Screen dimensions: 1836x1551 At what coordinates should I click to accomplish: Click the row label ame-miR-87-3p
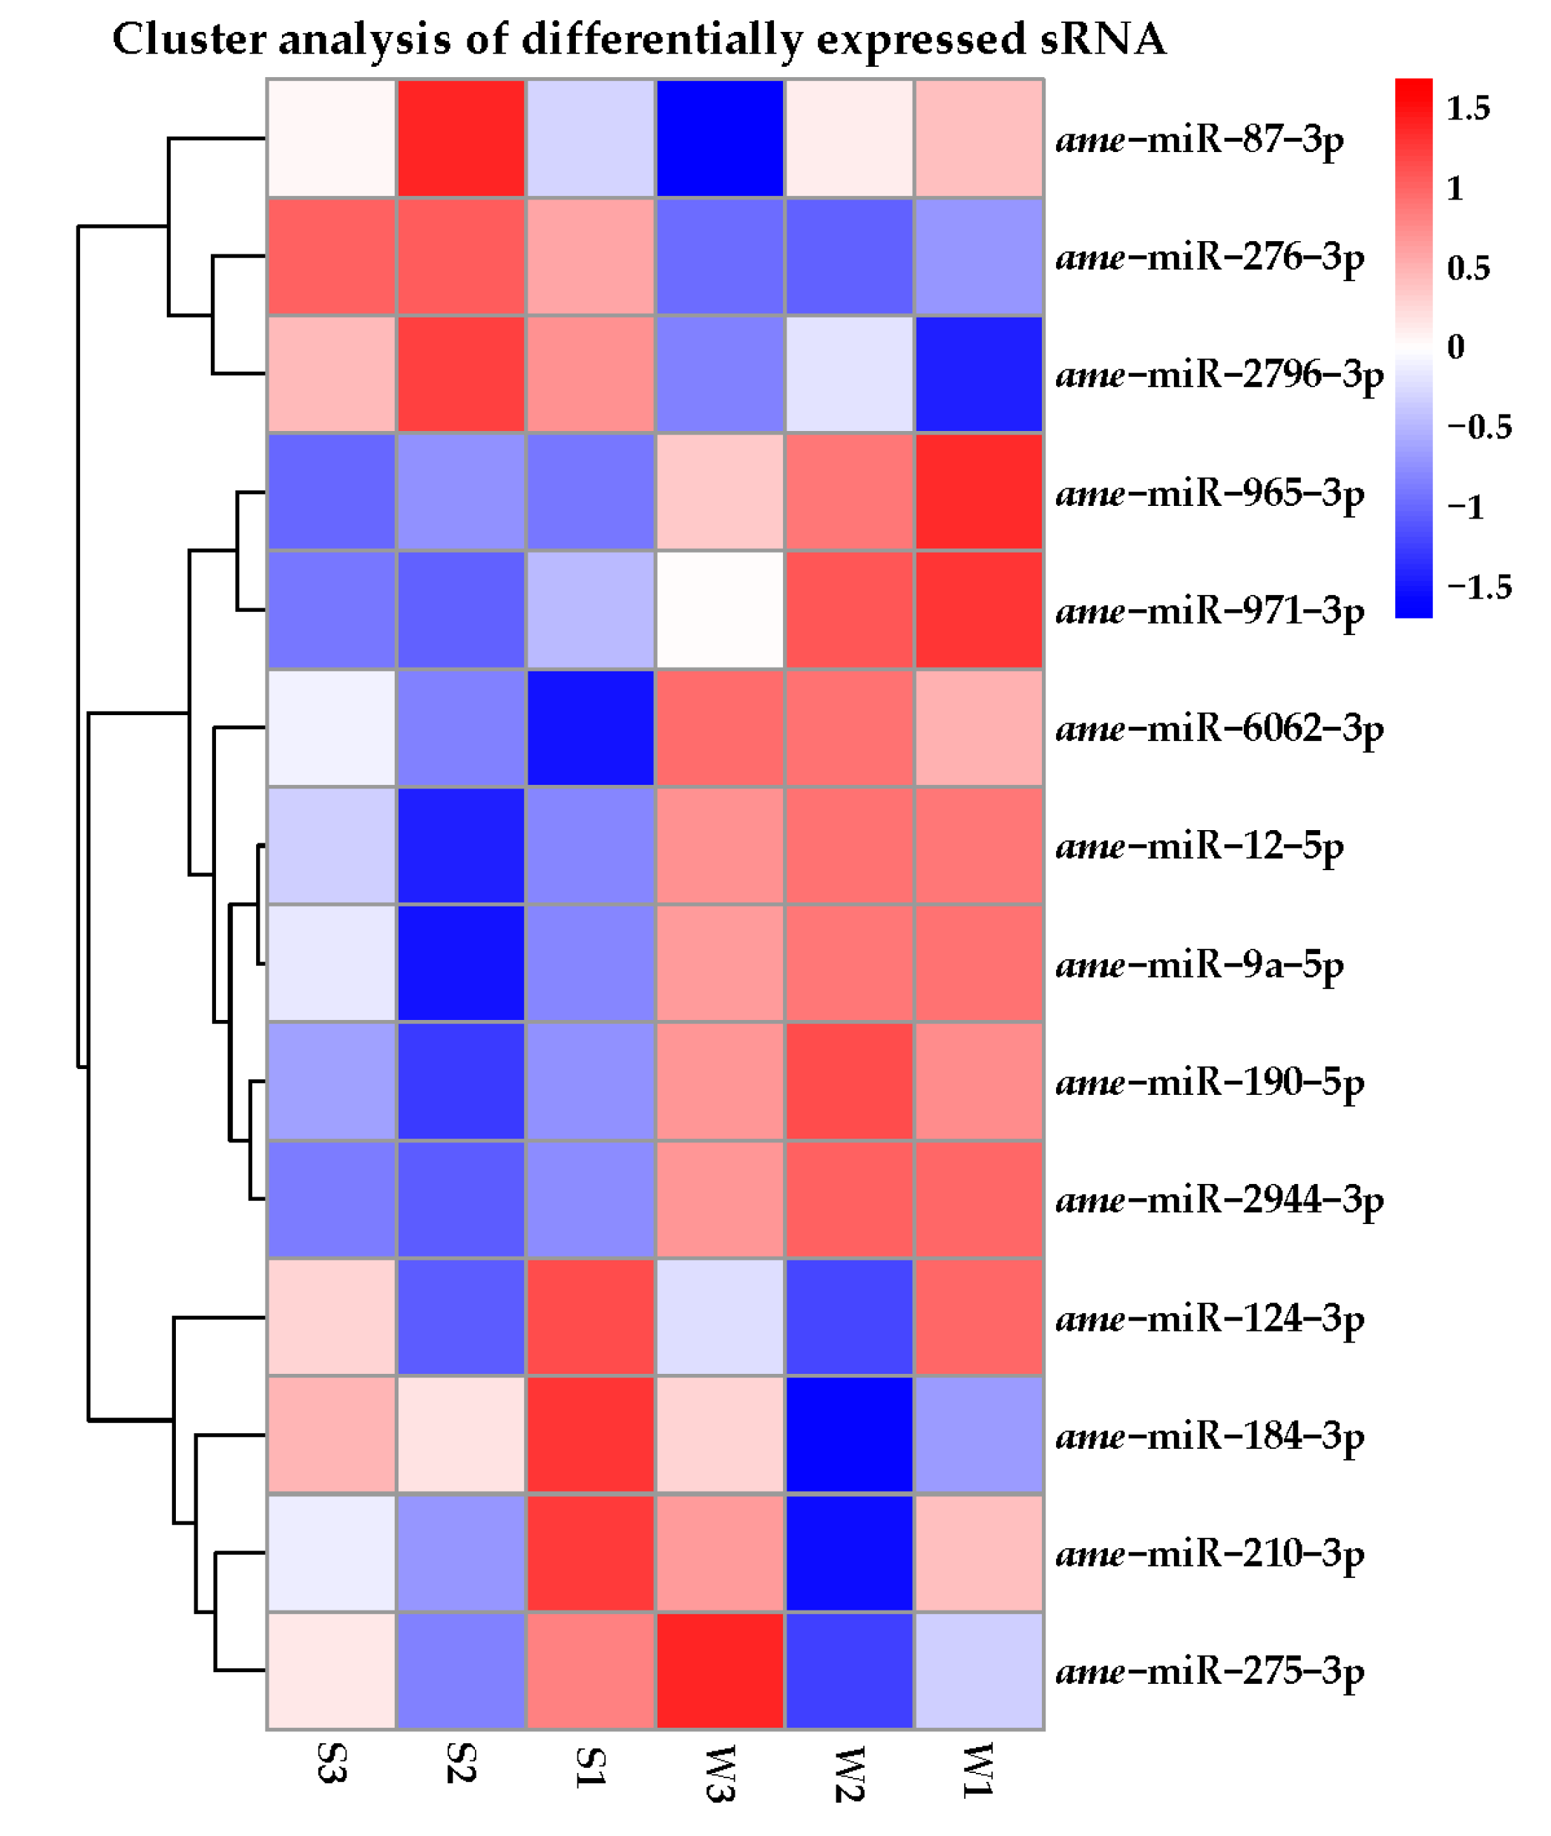click(x=1199, y=139)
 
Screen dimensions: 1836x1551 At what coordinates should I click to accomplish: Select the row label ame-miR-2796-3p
click(x=1219, y=375)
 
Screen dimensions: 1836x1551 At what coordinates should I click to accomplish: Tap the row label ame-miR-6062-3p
click(x=1219, y=728)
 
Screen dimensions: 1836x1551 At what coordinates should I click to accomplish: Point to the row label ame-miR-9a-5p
click(x=1199, y=965)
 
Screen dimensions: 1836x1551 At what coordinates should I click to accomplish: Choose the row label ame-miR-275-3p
click(x=1209, y=1671)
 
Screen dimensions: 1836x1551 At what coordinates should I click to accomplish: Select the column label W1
click(x=978, y=1769)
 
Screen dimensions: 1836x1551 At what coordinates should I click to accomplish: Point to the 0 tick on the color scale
click(x=1455, y=347)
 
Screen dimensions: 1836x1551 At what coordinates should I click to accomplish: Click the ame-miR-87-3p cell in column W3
click(x=719, y=138)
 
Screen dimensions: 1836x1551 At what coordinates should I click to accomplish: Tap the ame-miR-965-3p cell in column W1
click(x=978, y=492)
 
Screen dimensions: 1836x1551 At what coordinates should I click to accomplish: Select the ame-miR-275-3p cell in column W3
click(x=719, y=1671)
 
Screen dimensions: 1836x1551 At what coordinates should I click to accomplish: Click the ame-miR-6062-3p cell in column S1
click(x=590, y=728)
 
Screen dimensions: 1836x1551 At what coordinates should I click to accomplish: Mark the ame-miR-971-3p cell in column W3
click(x=719, y=610)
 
